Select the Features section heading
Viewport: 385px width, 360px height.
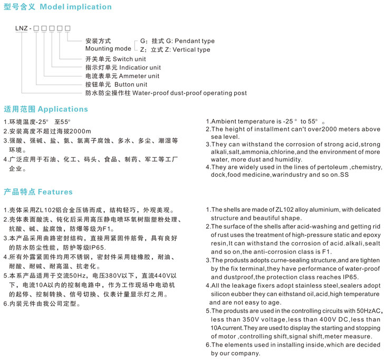point(55,192)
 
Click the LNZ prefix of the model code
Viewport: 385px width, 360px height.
point(21,27)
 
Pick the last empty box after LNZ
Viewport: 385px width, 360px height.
point(68,27)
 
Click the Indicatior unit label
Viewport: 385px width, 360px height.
point(140,68)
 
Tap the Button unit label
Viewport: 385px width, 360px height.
point(131,84)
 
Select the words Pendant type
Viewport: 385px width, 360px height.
point(195,41)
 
